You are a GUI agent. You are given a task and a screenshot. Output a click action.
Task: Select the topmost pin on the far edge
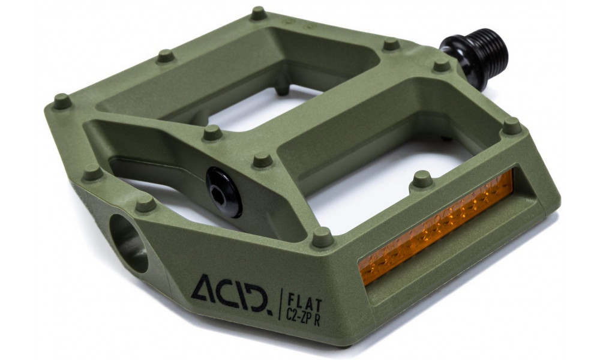[259, 13]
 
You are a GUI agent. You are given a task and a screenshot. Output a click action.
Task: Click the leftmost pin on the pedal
[61, 101]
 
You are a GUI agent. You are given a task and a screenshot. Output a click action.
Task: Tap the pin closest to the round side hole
[145, 204]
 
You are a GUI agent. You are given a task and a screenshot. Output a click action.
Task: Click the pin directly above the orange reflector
[422, 178]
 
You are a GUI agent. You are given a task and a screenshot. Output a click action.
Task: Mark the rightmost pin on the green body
[512, 125]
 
